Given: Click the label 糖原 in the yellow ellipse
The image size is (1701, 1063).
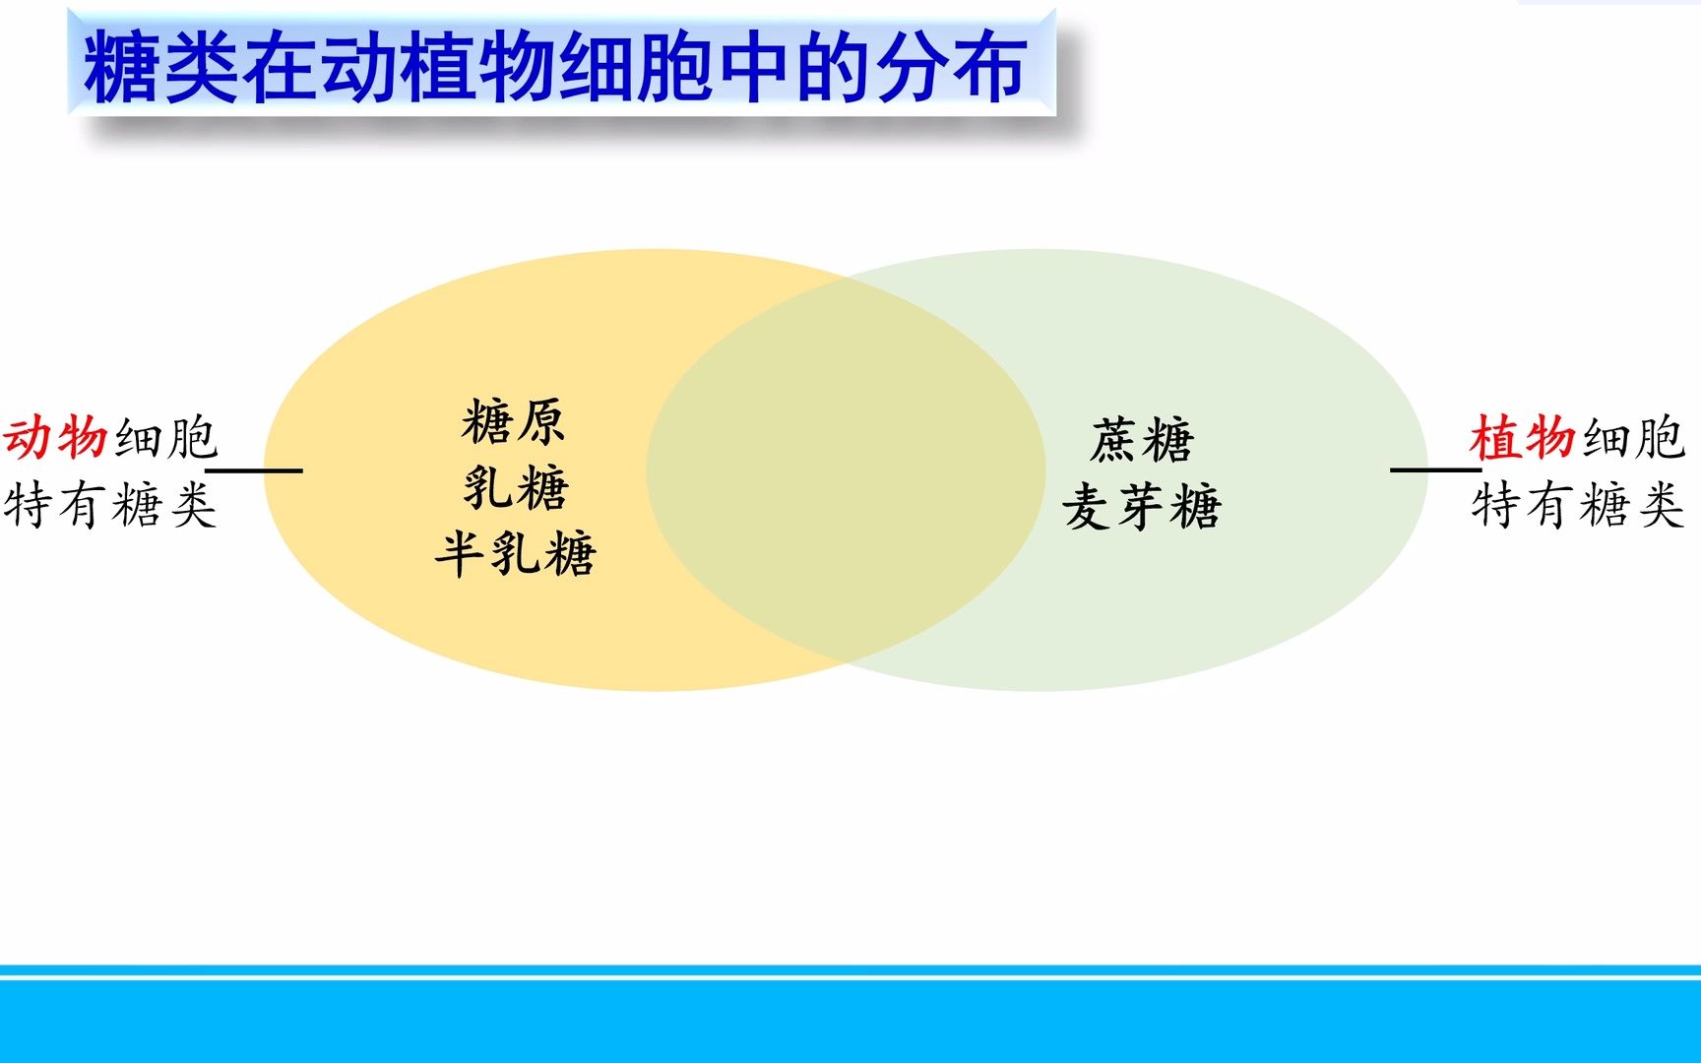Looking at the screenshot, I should (x=513, y=422).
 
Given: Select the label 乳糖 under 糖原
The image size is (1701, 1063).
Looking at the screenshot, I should (x=516, y=487).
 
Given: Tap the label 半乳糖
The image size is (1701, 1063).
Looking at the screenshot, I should (x=516, y=553).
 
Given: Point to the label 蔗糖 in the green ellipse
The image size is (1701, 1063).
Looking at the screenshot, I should (x=1142, y=440).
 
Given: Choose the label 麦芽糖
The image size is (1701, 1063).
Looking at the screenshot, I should (x=1142, y=507).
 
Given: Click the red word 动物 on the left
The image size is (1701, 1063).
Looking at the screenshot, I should (x=55, y=438).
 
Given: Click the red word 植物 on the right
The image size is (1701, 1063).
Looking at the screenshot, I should (x=1523, y=438).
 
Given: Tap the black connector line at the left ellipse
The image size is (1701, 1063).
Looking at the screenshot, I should (x=254, y=470).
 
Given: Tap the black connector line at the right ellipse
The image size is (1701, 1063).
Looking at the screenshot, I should (x=1435, y=469).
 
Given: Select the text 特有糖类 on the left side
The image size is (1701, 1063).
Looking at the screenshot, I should (x=110, y=506).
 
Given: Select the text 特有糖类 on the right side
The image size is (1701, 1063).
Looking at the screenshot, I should (x=1578, y=506).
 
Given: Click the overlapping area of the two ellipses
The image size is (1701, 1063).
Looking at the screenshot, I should (x=845, y=470).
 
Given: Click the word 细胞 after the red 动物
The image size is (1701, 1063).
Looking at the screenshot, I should (x=165, y=438).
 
